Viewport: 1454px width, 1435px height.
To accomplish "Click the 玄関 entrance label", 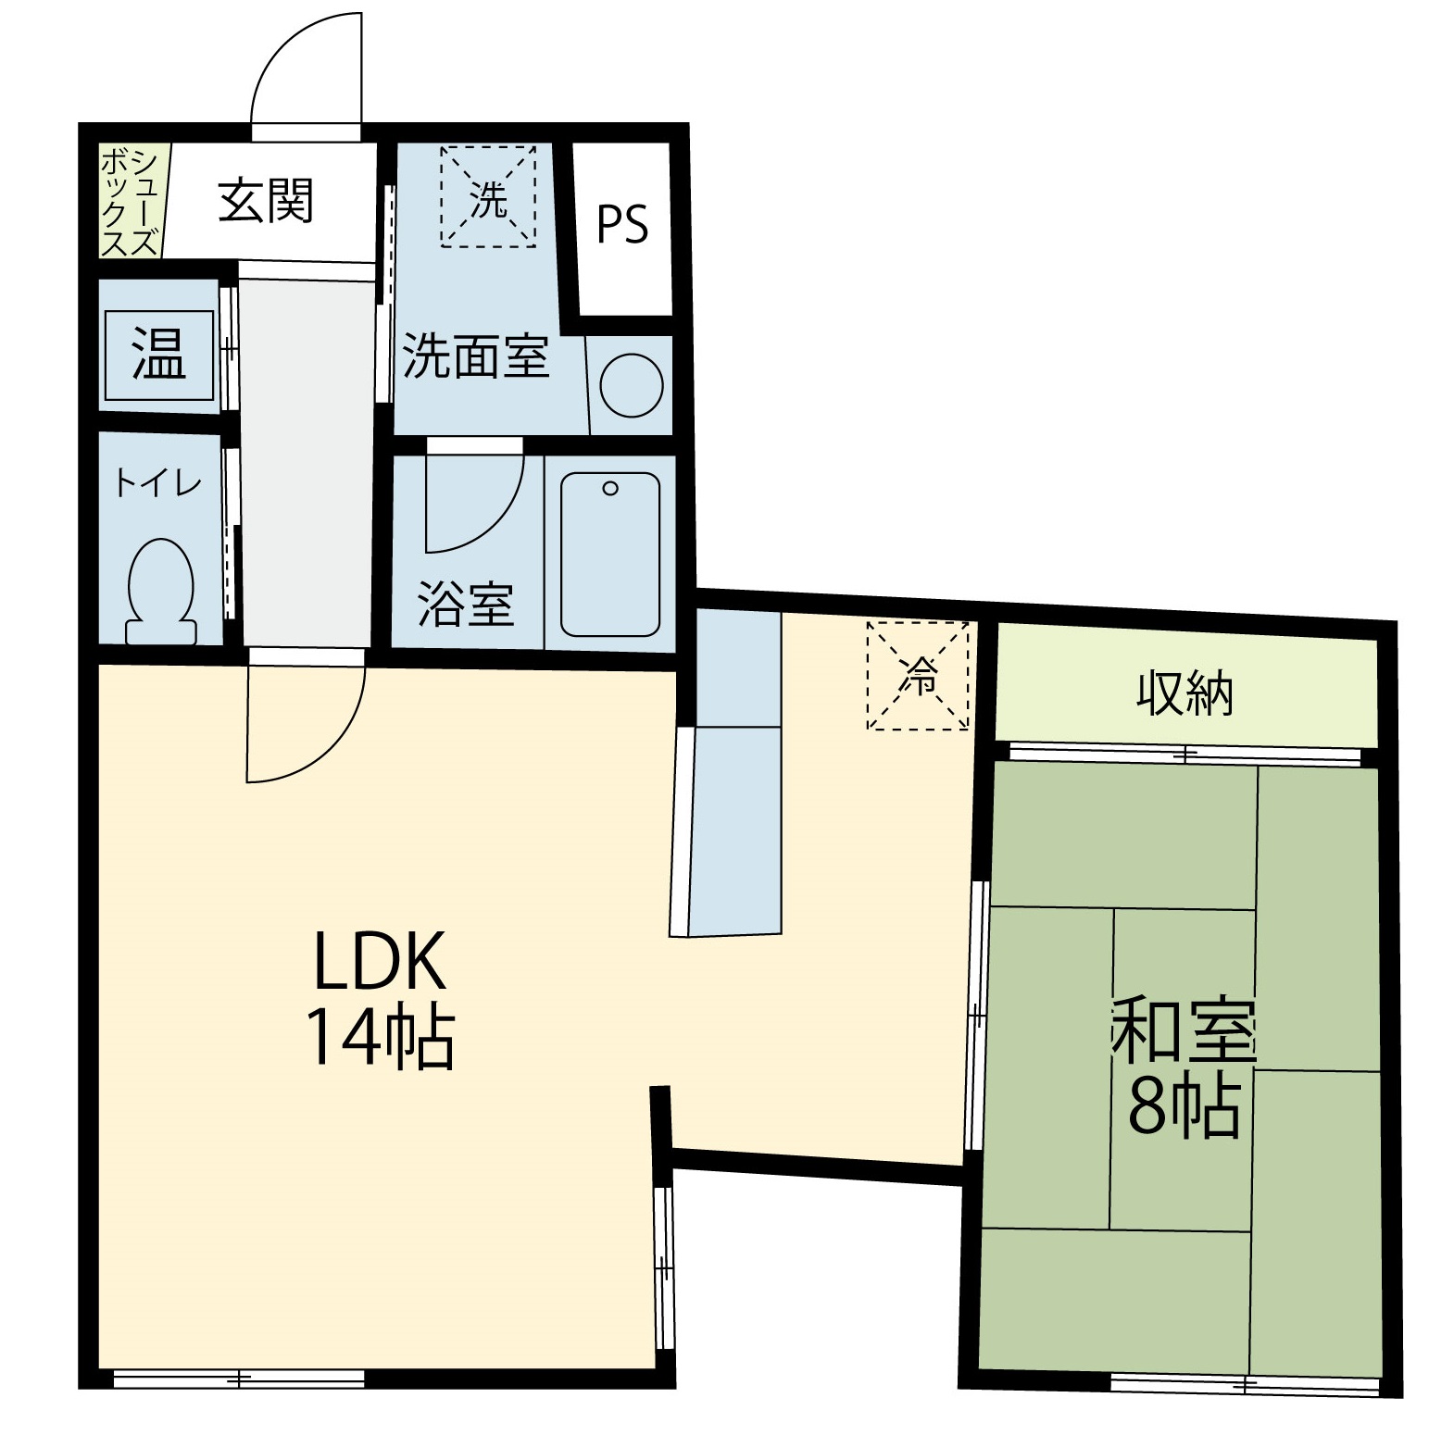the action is [266, 201].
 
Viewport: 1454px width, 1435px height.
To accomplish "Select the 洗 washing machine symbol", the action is [488, 197].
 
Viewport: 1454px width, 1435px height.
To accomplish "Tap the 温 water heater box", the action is [159, 355].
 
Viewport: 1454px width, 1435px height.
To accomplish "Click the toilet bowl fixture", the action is [161, 592].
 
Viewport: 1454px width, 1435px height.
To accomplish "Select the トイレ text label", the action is [157, 483].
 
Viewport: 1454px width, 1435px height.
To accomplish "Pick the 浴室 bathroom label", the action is [466, 604].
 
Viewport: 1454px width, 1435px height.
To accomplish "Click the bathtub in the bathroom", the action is [610, 555].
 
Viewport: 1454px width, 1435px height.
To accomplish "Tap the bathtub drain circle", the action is [609, 488].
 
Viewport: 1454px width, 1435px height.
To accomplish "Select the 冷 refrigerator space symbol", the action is [918, 676].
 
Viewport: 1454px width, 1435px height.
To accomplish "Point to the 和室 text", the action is [1184, 1030].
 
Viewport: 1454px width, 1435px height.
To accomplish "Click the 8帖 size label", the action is [1184, 1106].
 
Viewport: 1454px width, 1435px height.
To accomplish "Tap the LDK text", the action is [381, 961].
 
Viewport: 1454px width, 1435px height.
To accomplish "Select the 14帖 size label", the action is [381, 1038].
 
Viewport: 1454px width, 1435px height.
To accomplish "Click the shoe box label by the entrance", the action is [131, 203].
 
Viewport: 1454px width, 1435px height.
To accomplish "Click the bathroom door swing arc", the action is [500, 521].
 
